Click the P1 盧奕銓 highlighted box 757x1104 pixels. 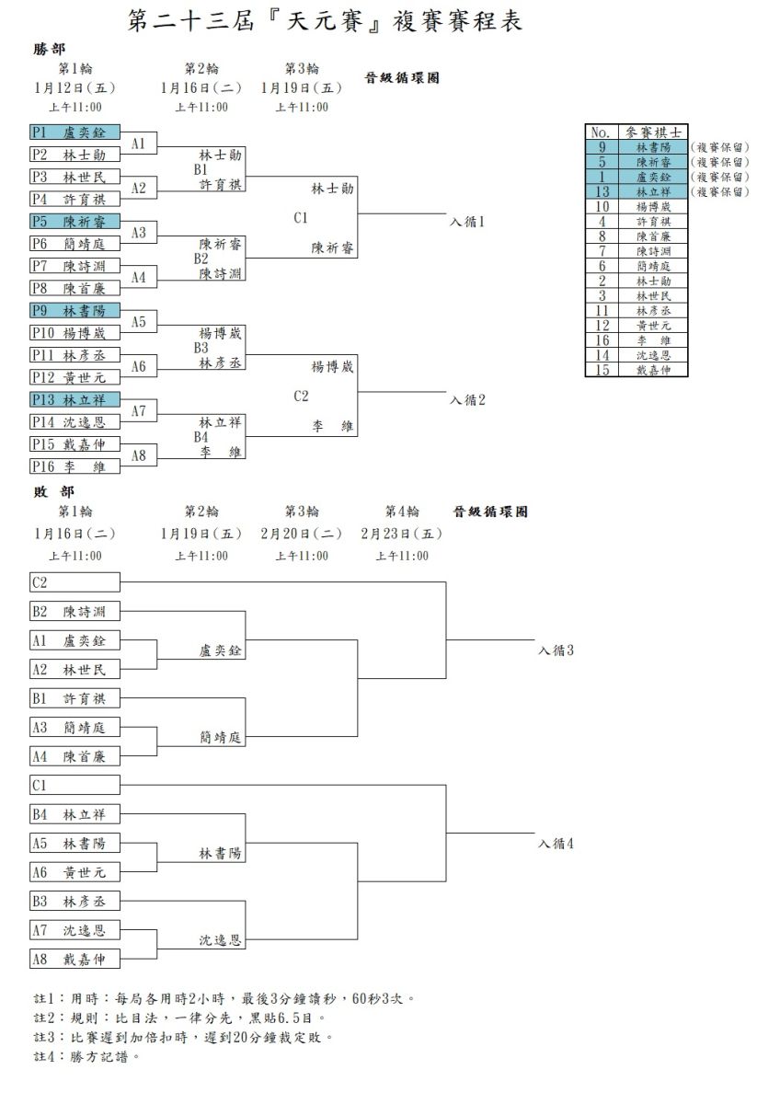tap(75, 132)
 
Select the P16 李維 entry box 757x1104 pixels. tap(75, 466)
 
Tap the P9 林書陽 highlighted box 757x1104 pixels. tap(75, 311)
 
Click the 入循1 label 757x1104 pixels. tap(467, 222)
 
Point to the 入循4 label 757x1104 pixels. tap(556, 844)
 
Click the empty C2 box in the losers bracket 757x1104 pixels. tap(75, 582)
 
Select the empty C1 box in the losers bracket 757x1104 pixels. tap(75, 785)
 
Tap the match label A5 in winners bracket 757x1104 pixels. tap(139, 322)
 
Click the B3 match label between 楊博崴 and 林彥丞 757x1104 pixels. tap(201, 348)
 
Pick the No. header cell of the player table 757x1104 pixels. tap(602, 132)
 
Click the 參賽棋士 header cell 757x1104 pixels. tap(653, 132)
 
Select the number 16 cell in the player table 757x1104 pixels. tap(602, 340)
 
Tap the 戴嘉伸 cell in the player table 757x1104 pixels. tap(653, 370)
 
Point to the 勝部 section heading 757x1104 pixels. tap(50, 50)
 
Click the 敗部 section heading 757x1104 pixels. tap(53, 492)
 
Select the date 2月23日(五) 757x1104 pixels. tap(402, 534)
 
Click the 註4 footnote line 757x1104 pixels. tap(86, 1057)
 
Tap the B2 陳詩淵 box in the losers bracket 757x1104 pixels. tap(75, 611)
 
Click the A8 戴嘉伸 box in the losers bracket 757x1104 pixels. tap(75, 959)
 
